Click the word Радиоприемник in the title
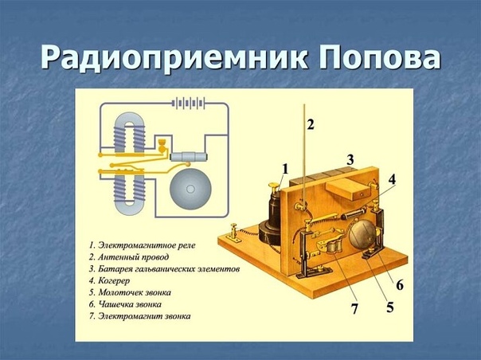click(x=172, y=57)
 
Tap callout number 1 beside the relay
click(x=285, y=168)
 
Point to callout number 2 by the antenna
click(x=311, y=124)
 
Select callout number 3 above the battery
click(x=350, y=160)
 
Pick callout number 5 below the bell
click(x=389, y=306)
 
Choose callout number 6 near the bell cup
click(x=399, y=284)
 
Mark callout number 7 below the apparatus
click(x=355, y=308)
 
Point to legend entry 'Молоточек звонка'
click(x=135, y=292)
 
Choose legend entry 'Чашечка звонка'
click(x=130, y=304)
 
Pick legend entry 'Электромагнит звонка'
click(x=142, y=316)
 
